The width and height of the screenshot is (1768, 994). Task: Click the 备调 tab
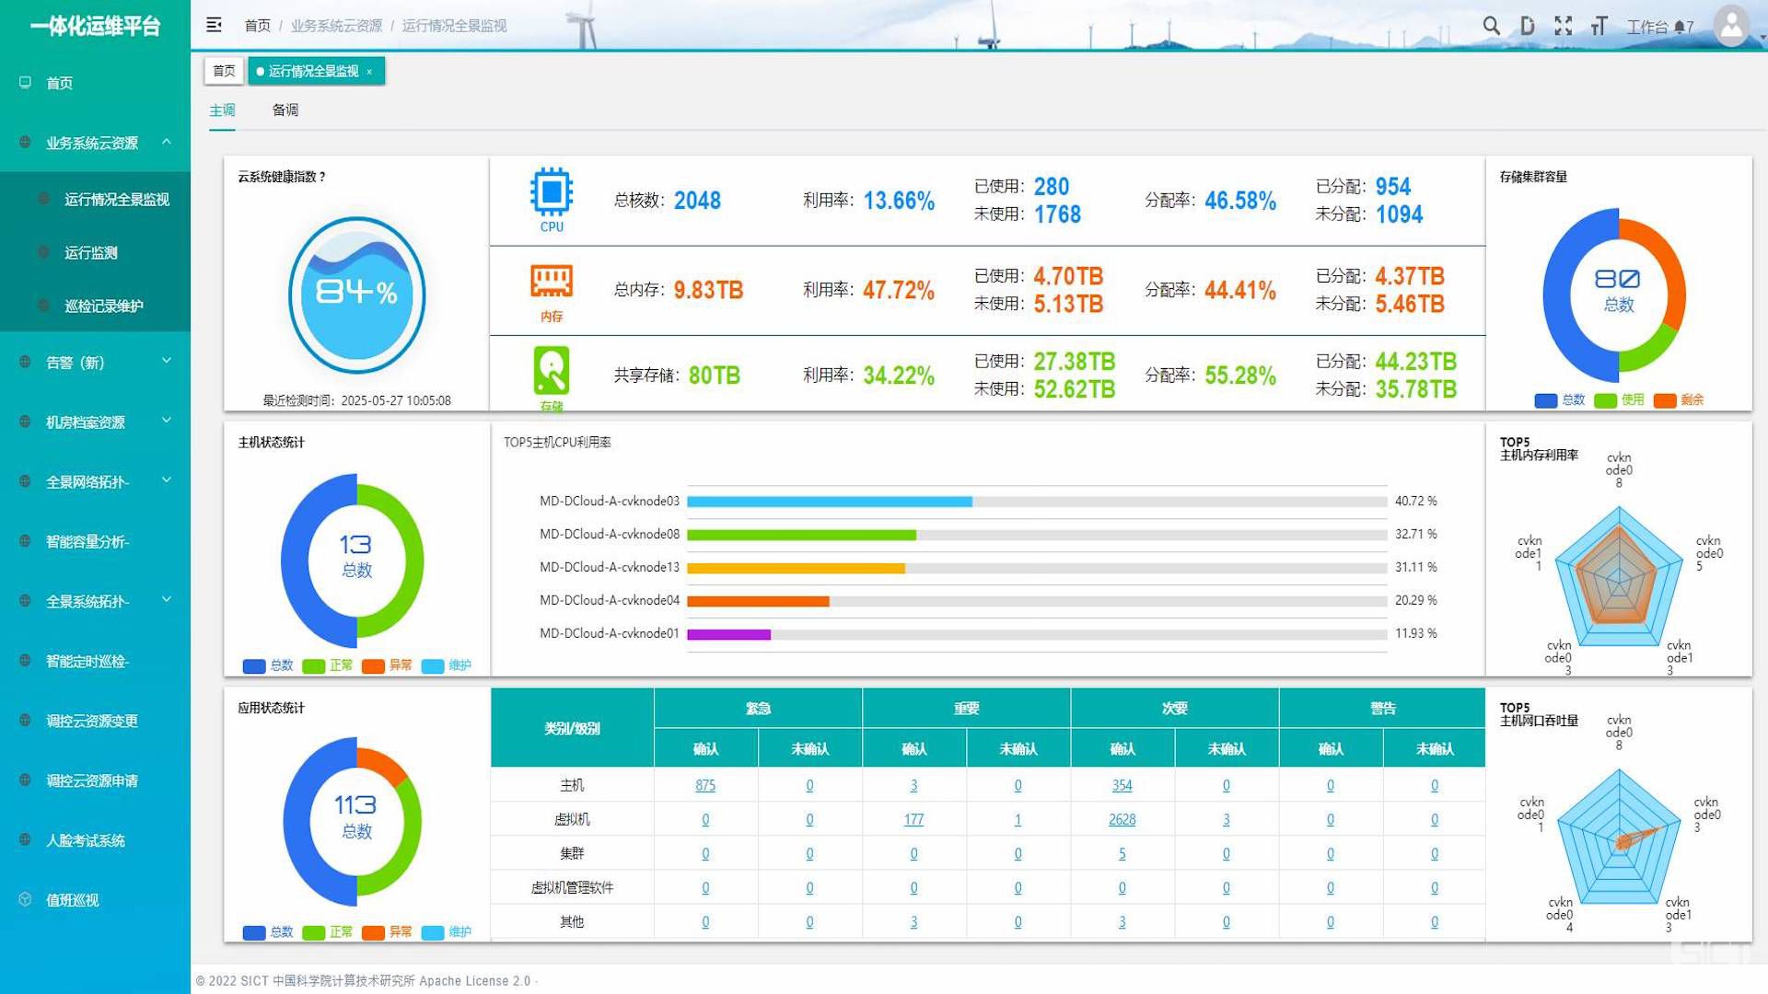285,110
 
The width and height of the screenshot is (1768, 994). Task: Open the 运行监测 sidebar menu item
90,253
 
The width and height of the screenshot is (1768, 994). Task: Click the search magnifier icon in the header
1491,26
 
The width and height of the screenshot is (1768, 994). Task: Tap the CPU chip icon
552,192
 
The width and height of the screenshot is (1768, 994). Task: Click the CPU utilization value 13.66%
899,201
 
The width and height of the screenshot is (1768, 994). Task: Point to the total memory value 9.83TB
708,290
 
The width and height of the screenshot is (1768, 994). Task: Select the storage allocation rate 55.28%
1240,376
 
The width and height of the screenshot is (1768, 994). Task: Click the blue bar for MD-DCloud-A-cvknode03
829,502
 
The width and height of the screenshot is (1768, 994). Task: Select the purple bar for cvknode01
728,634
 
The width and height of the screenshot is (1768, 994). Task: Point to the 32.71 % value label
1415,534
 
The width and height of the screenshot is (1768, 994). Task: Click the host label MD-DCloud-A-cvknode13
609,567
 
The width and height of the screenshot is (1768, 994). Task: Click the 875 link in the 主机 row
705,785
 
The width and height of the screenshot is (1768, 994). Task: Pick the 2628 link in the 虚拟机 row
1122,819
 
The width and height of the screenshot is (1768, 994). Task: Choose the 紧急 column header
758,708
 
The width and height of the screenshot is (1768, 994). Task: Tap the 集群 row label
572,853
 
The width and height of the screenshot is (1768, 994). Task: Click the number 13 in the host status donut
355,545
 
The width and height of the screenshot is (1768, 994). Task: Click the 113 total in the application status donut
355,805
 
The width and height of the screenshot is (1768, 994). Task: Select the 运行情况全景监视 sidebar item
116,200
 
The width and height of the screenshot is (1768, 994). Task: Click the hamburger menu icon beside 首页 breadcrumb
214,25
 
